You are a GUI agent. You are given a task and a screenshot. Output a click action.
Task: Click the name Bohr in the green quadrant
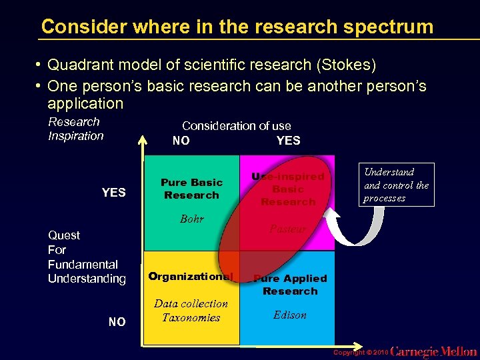[x=191, y=219]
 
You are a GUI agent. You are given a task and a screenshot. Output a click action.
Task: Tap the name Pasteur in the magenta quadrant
[x=288, y=229]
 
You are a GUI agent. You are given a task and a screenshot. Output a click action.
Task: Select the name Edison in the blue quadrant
[x=290, y=315]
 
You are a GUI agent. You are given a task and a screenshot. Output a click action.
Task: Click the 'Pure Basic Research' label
[x=191, y=189]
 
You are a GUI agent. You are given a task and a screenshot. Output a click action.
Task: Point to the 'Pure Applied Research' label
[x=290, y=285]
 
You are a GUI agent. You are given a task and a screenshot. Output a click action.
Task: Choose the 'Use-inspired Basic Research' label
[x=288, y=189]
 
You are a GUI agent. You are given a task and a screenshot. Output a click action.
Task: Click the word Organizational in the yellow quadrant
[x=191, y=276]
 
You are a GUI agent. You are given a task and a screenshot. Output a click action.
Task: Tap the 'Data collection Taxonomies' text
[x=191, y=311]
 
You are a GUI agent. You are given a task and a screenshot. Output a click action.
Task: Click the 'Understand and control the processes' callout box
[x=396, y=185]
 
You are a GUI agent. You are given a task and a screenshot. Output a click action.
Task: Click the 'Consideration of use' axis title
[x=236, y=125]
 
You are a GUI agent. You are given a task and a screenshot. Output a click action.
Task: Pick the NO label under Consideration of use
[x=181, y=141]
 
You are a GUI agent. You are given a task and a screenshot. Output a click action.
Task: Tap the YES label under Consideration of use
[x=288, y=141]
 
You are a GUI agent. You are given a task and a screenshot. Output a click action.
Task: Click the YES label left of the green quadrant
[x=113, y=193]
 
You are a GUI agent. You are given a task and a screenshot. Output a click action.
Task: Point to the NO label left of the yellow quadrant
[x=117, y=322]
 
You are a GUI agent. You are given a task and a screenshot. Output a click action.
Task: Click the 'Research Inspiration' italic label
[x=75, y=129]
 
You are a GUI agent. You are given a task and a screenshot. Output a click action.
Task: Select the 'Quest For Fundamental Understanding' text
[x=87, y=257]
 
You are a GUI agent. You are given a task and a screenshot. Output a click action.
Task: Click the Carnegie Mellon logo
[x=433, y=351]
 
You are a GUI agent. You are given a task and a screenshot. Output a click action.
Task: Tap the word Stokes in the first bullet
[x=346, y=65]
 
